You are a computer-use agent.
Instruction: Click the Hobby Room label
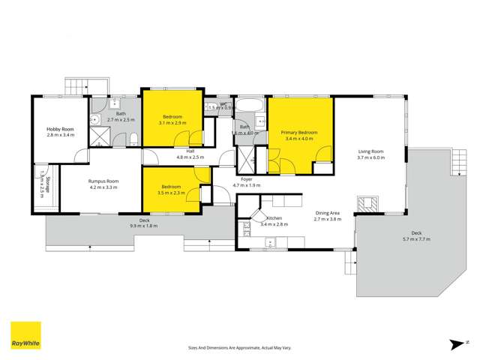pos(61,129)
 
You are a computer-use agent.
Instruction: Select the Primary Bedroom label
pos(299,132)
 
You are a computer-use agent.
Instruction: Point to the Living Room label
pos(370,151)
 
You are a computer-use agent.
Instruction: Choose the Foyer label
pos(245,179)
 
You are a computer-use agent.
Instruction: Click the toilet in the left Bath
pos(132,138)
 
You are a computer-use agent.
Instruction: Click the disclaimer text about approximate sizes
pos(240,347)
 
